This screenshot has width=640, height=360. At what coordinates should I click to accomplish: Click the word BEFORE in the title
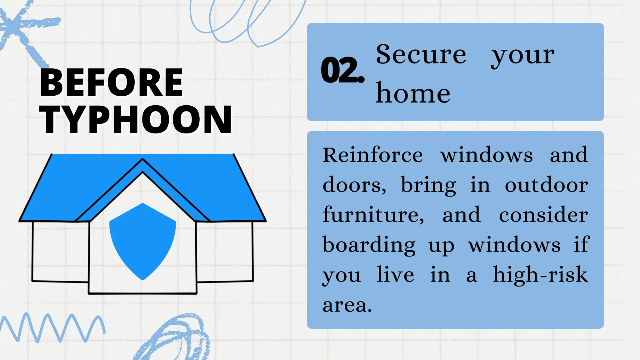coord(111,83)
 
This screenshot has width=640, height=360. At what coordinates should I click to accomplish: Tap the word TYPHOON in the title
coord(136,120)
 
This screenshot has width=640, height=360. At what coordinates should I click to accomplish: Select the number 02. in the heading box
coord(342,70)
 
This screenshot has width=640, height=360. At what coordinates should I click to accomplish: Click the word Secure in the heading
coord(421,54)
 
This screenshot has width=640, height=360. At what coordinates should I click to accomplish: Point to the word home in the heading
coord(413,93)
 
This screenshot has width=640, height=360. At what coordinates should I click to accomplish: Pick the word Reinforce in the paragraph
coord(372,155)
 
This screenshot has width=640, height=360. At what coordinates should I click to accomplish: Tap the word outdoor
coord(546,185)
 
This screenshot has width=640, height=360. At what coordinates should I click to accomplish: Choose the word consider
coord(543,215)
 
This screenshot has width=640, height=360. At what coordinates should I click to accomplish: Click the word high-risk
coord(540,275)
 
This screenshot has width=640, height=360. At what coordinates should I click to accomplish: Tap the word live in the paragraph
coord(395,275)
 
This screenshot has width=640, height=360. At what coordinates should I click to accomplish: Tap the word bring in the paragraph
coord(428,185)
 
